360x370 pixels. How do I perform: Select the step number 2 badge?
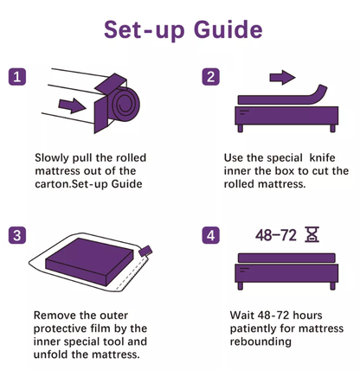tap(210, 77)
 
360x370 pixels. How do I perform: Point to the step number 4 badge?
tap(210, 235)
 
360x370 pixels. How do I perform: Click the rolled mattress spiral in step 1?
tap(120, 108)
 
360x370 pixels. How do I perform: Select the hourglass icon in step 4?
tap(312, 234)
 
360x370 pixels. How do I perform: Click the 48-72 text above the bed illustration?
tap(274, 234)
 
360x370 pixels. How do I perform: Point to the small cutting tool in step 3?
tap(145, 251)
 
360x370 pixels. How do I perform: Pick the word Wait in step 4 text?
tap(244, 316)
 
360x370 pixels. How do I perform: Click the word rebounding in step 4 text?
tap(261, 341)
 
